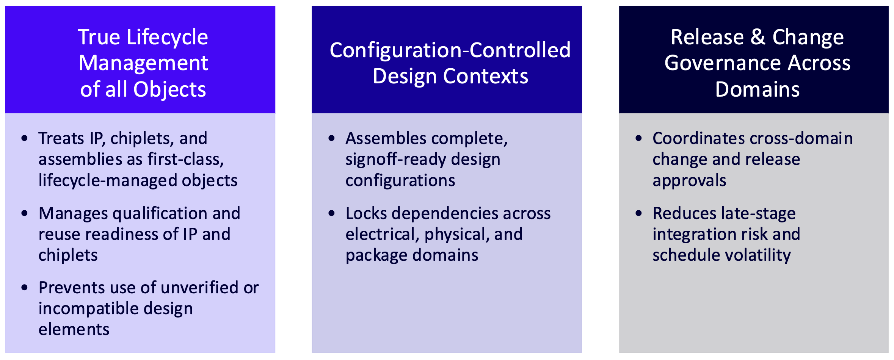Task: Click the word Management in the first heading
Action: (x=143, y=63)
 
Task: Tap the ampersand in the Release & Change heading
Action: (x=758, y=37)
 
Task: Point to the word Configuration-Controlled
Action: (x=450, y=50)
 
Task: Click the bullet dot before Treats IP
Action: (x=25, y=138)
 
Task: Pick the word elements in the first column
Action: (x=74, y=329)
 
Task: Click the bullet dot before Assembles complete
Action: (x=332, y=138)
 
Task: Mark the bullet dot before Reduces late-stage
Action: (x=639, y=213)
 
